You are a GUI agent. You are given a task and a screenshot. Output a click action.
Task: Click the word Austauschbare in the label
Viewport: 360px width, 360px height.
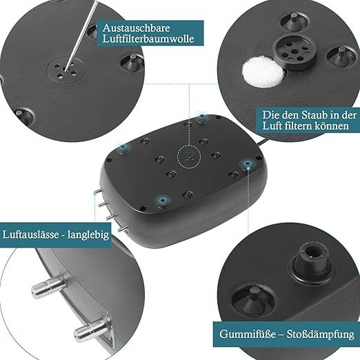(x=136, y=28)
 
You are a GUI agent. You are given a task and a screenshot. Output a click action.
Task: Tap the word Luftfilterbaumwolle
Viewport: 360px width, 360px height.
(x=148, y=39)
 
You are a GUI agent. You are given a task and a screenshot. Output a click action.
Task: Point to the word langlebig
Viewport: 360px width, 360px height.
(x=88, y=235)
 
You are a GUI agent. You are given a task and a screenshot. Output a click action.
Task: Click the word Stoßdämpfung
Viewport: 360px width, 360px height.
(x=321, y=334)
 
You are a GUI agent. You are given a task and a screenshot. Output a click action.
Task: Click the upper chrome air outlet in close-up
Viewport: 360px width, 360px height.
(x=48, y=286)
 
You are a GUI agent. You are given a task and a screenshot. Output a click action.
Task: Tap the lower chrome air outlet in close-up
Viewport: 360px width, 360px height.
(x=91, y=330)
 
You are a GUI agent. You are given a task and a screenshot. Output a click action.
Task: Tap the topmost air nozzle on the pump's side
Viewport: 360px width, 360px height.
(x=98, y=192)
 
